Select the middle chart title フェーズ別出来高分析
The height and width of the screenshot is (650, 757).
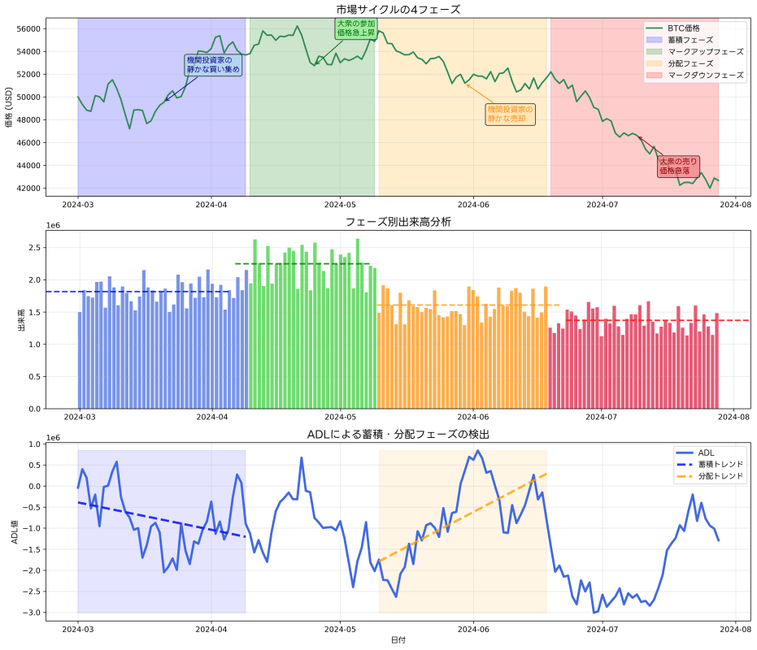[398, 222]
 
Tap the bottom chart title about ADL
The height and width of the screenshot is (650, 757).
[398, 435]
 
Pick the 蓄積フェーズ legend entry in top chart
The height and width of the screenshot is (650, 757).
[690, 39]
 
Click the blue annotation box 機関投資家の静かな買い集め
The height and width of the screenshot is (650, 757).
[213, 65]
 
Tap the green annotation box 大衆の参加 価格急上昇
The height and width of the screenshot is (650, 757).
[356, 28]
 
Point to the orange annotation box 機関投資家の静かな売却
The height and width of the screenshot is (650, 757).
[510, 114]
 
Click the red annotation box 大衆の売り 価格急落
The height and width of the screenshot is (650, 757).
[677, 167]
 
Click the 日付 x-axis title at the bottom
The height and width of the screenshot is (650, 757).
[398, 640]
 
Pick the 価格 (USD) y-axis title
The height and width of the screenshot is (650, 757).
[9, 108]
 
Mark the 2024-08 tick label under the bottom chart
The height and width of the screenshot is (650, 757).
[735, 628]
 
